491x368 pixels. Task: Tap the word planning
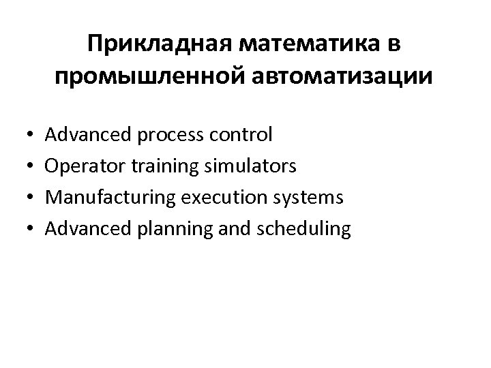click(172, 230)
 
